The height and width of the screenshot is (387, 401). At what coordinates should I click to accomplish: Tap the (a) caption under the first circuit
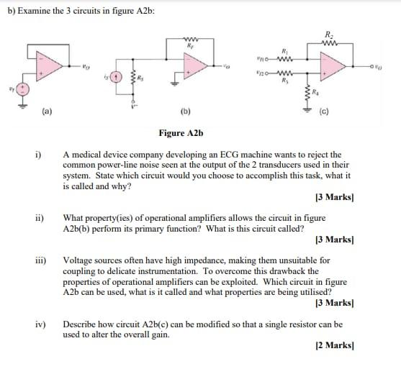(47, 111)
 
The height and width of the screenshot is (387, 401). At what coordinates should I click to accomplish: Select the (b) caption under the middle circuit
(185, 111)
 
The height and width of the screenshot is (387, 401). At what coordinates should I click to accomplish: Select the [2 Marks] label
(333, 346)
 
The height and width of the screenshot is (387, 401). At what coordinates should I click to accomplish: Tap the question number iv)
(40, 325)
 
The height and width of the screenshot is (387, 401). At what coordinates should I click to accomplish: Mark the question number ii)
(40, 217)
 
